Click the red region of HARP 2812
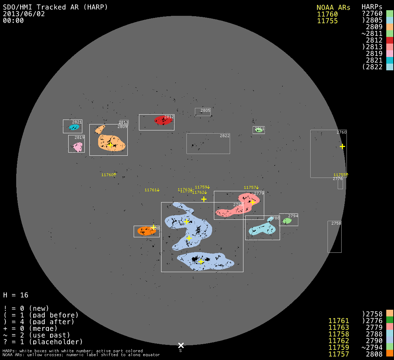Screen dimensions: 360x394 pos(163,121)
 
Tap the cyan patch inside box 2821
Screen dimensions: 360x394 pos(74,127)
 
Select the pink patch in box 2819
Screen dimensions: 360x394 pos(78,147)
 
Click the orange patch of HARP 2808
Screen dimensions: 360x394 pos(146,231)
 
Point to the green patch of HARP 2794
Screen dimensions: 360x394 pos(287,221)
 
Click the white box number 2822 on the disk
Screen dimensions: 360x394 pos(224,136)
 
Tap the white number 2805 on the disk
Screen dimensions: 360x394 pos(205,110)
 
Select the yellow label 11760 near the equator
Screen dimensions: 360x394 pos(108,175)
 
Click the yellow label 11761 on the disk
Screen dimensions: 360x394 pos(151,190)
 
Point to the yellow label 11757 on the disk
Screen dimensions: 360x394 pos(250,187)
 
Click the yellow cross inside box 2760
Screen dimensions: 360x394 pos(342,146)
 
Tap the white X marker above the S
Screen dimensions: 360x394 pos(181,345)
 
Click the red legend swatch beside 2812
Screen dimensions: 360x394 pos(389,40)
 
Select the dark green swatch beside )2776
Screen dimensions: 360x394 pos(389,320)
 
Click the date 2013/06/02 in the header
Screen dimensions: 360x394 pos(24,14)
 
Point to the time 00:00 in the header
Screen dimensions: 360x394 pos(13,20)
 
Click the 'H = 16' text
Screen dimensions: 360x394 pos(16,295)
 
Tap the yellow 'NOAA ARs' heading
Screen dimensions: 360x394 pos(333,7)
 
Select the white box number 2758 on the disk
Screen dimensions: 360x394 pos(336,223)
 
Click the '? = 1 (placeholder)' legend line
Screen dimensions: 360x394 pos(43,342)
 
